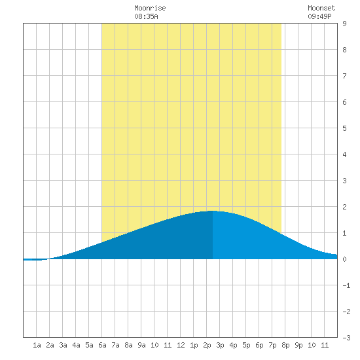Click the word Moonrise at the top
150,8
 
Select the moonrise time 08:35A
146,16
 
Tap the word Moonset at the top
321,8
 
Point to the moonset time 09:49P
319,16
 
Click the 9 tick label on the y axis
344,24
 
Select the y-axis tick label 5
344,128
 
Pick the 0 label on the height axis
344,259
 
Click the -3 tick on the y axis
346,338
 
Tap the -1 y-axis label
346,285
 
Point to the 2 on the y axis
344,207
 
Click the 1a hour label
37,345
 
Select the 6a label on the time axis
102,345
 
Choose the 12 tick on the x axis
181,345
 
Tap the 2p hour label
207,346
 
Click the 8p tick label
285,346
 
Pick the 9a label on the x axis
141,345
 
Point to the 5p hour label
246,346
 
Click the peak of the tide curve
212,211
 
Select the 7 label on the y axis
344,76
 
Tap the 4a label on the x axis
76,345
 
